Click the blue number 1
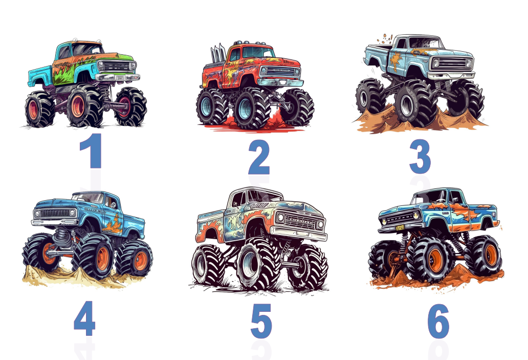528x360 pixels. click(x=92, y=151)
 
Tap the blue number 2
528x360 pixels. click(x=259, y=157)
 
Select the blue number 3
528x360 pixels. click(x=420, y=156)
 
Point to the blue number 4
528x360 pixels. click(x=84, y=318)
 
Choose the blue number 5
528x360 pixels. click(x=261, y=321)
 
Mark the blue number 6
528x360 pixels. click(x=438, y=321)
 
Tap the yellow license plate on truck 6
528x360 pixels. click(x=400, y=228)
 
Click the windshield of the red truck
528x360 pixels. click(x=258, y=52)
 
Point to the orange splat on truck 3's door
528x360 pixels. click(x=396, y=60)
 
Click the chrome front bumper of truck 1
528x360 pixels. click(x=118, y=78)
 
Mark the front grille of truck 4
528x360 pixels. click(x=56, y=213)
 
